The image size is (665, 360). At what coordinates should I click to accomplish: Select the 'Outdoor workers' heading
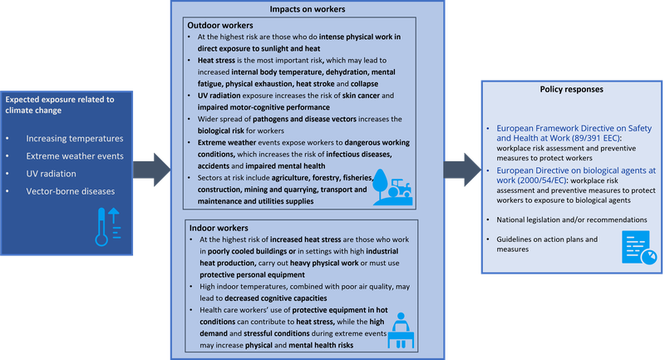(x=221, y=25)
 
